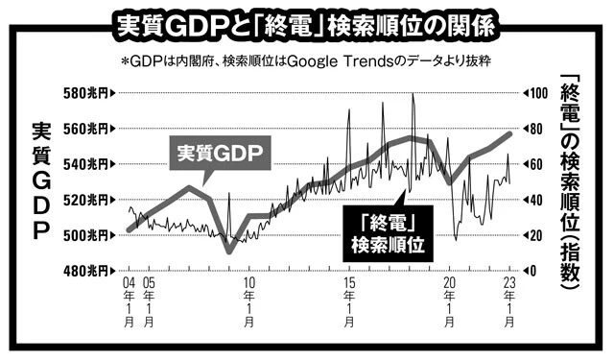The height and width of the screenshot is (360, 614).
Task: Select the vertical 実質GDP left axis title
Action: pyautogui.click(x=40, y=182)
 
